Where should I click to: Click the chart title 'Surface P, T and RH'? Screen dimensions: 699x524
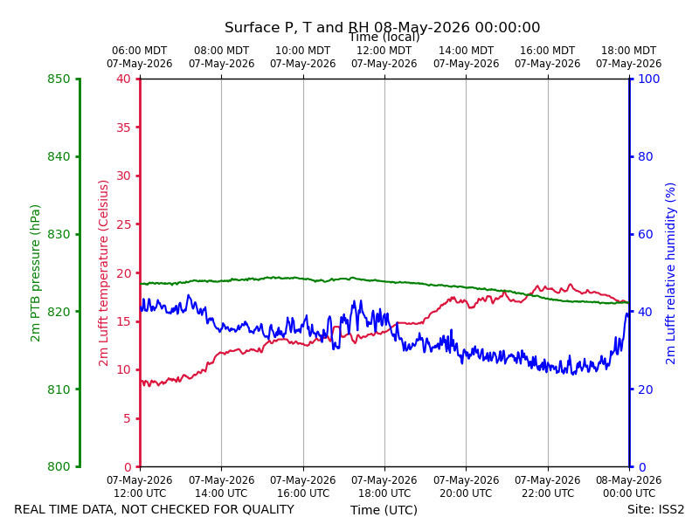297,28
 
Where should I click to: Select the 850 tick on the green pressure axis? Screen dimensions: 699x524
59,79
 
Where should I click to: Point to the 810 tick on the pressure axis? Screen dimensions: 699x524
59,390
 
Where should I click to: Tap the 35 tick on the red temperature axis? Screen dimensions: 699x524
124,128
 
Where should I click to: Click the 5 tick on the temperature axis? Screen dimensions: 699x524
128,418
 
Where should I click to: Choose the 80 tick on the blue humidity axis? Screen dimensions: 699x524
646,156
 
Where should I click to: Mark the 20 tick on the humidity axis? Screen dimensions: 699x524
646,390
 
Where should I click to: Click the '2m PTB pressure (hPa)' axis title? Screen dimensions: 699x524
35,273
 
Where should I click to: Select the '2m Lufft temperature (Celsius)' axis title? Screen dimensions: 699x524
103,273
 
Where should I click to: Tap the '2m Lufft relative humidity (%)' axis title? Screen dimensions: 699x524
670,273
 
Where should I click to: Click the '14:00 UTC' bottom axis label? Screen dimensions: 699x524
222,493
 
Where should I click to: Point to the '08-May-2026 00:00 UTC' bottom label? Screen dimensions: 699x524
629,486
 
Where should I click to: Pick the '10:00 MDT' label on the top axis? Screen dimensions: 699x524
302,51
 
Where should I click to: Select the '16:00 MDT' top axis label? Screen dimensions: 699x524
548,51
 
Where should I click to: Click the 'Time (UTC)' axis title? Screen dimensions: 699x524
384,510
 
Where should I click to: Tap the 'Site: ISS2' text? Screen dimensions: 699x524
655,509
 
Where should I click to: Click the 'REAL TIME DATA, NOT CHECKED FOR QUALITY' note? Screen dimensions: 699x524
155,509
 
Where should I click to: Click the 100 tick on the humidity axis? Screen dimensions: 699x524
649,79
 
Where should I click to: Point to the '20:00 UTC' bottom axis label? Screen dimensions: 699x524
467,493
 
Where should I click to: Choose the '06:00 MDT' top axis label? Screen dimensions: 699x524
139,51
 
